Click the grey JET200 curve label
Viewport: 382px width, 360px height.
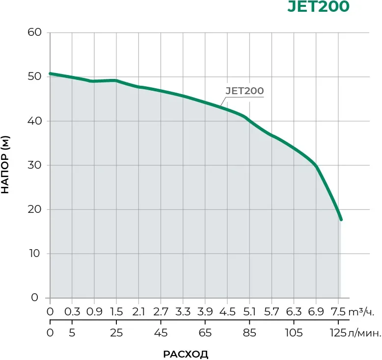pos(245,91)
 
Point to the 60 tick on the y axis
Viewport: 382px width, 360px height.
pos(38,32)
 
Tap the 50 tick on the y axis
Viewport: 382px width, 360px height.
pos(38,77)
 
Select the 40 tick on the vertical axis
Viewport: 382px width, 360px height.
pos(38,121)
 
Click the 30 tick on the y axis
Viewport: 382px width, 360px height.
pos(38,165)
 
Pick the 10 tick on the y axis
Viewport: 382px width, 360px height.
pos(38,254)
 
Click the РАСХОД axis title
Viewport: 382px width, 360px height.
pos(186,354)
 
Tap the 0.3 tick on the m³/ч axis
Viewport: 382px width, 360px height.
pos(72,311)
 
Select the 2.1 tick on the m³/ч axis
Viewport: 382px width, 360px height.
pos(138,311)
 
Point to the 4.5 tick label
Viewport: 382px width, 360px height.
pos(227,311)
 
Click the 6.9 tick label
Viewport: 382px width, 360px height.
pos(316,311)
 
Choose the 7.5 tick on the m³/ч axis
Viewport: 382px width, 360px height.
pos(338,311)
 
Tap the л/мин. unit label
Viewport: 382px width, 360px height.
pos(364,334)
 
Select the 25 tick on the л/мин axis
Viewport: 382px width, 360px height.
pos(116,334)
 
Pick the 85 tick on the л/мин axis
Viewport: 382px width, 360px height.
pos(249,334)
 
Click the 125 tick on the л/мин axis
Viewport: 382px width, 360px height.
pos(338,334)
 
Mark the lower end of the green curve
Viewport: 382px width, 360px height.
pos(341,220)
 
